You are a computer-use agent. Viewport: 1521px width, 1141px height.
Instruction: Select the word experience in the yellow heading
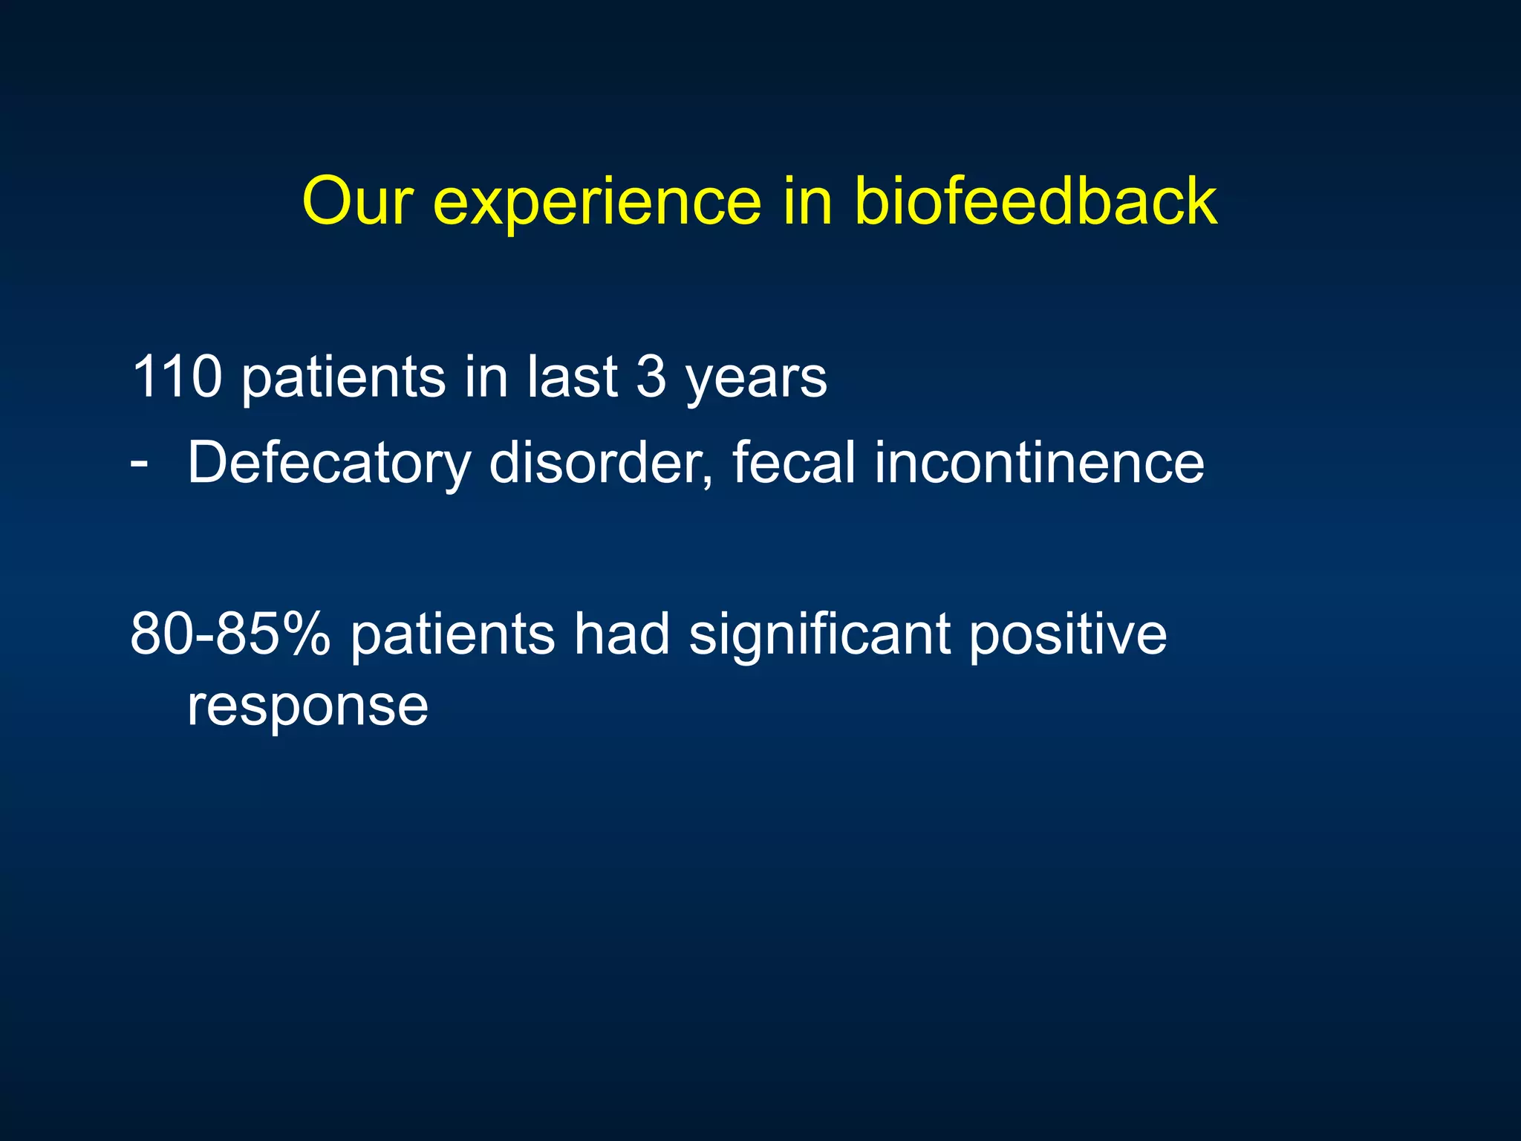click(597, 202)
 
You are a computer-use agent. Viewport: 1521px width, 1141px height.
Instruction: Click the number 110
click(176, 377)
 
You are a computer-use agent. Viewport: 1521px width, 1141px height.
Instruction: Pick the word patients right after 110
click(343, 378)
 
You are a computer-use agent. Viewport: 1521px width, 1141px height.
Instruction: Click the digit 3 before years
click(651, 377)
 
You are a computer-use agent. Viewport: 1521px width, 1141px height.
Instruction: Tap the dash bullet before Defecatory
click(139, 462)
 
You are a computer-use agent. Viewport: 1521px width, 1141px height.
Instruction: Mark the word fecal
click(793, 462)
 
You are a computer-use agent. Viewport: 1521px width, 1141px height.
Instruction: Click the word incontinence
click(1039, 462)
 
